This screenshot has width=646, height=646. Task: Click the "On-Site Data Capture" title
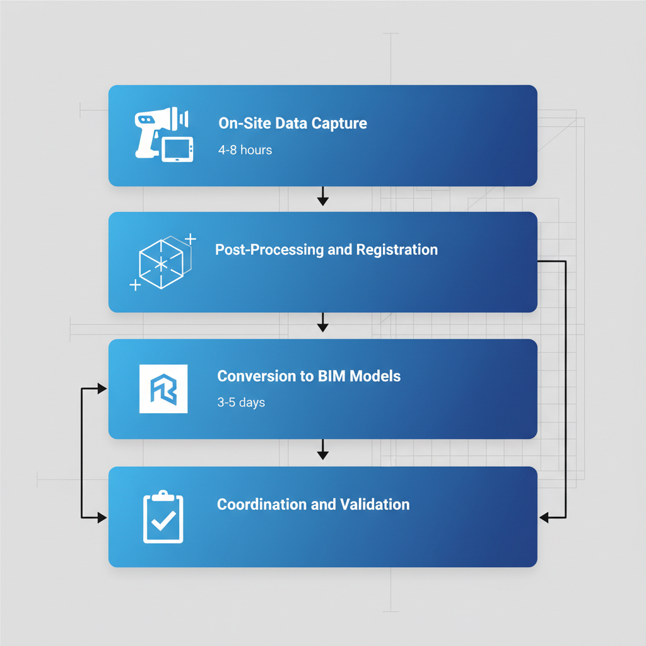293,123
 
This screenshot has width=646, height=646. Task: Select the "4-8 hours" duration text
245,150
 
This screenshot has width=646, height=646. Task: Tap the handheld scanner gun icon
151,129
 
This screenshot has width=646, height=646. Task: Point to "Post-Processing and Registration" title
326,249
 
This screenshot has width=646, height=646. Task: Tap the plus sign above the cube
191,238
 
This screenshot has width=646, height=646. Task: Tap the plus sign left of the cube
134,285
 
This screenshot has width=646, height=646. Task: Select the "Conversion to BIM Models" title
308,376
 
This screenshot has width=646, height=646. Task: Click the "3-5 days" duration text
241,402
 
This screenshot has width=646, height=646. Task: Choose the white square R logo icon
163,389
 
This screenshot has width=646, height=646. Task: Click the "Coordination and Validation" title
313,504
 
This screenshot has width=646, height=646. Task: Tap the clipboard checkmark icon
163,517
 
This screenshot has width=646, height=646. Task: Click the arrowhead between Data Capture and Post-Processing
322,201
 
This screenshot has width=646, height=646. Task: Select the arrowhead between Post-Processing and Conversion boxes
322,327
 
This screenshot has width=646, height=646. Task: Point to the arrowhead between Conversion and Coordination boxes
322,454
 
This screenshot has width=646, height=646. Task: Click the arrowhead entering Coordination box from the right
544,517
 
